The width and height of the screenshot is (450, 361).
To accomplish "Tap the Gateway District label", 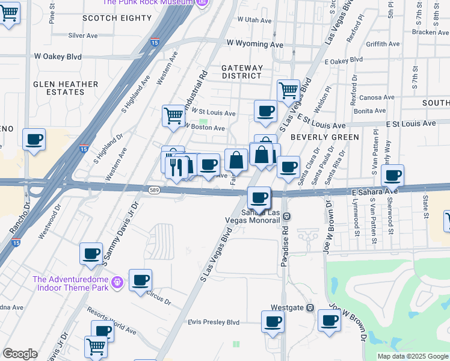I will tap(242, 72).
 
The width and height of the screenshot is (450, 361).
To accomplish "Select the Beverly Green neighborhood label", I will tap(324, 137).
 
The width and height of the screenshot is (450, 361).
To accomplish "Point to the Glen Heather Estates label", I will tap(58, 88).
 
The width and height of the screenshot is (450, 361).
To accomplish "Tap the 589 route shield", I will tap(154, 190).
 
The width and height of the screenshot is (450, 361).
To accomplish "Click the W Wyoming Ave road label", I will tap(255, 44).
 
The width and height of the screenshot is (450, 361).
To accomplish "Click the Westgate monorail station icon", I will tap(310, 307).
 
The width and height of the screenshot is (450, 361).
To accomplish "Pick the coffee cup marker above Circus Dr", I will tap(140, 280).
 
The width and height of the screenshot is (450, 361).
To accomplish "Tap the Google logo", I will tap(20, 354).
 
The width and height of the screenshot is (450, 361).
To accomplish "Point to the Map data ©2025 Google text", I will tap(412, 356).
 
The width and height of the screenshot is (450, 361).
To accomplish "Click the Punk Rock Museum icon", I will tap(202, 2).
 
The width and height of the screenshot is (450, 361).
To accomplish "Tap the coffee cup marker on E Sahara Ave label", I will tap(393, 176).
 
